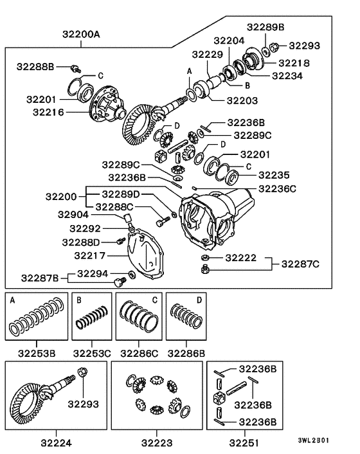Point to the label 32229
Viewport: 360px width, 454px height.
point(207,54)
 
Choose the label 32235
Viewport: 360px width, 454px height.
point(274,174)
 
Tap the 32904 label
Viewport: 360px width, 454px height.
point(73,214)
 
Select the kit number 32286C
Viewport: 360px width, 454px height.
point(138,352)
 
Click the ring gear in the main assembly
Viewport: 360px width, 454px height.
point(141,127)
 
